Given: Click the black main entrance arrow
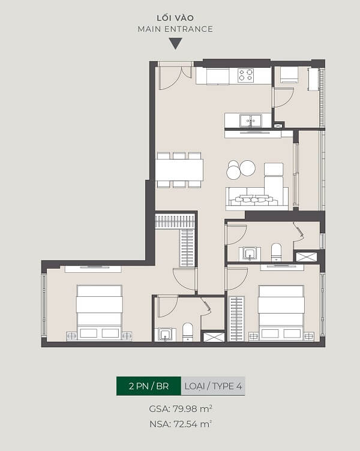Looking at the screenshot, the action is (176, 44).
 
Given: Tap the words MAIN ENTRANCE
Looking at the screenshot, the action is (175, 29).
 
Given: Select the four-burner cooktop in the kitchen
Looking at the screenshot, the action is (245, 76).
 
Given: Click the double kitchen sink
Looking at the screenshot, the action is (251, 121).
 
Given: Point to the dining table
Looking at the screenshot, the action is (179, 170).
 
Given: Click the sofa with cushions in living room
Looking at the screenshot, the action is (257, 197).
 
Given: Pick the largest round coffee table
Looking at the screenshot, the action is (247, 167).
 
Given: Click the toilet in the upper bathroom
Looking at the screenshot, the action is (276, 252).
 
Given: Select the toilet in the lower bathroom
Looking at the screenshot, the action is (188, 332).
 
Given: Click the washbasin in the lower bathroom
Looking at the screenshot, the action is (165, 334).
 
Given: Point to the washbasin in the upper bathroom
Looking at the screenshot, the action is (250, 254).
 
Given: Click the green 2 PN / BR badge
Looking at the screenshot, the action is (149, 386).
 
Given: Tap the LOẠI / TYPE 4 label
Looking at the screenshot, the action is (213, 386).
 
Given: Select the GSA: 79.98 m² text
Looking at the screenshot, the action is (181, 409).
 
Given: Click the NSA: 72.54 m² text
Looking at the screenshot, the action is (181, 424).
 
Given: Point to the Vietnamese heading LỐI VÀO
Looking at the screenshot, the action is (175, 18).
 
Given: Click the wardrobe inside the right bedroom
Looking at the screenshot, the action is (236, 318).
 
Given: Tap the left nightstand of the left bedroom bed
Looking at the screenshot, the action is (71, 336).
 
